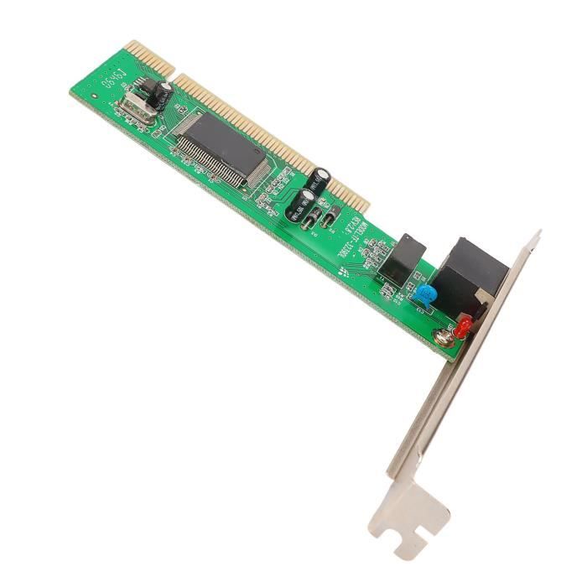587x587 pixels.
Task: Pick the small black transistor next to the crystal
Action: pyautogui.click(x=148, y=86)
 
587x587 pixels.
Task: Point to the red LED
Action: pyautogui.click(x=462, y=328)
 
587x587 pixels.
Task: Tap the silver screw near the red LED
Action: pyautogui.click(x=443, y=336)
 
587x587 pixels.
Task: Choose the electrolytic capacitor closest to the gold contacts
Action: pyautogui.click(x=323, y=176)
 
